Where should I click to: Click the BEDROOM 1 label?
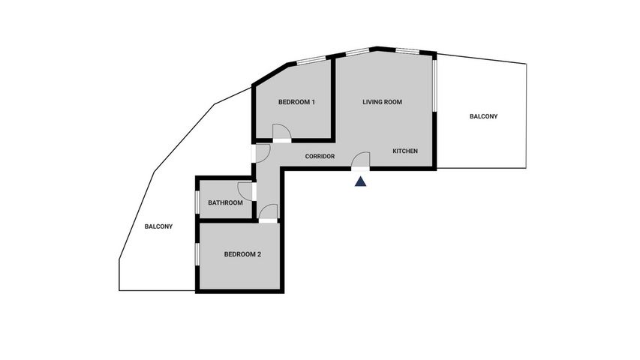[296, 102]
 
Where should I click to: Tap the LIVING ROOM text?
[382, 102]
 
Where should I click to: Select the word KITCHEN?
[405, 151]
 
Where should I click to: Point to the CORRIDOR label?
[320, 156]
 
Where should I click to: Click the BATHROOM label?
[225, 202]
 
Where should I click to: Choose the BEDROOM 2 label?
[242, 254]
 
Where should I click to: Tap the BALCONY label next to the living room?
[484, 116]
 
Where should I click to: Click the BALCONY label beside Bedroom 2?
[159, 226]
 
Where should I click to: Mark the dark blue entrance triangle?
[360, 181]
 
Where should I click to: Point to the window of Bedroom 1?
[311, 60]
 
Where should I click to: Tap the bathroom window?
[197, 202]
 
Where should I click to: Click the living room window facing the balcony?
[434, 85]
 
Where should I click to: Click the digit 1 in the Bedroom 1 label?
[313, 102]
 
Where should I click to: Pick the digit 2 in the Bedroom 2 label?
[259, 254]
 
